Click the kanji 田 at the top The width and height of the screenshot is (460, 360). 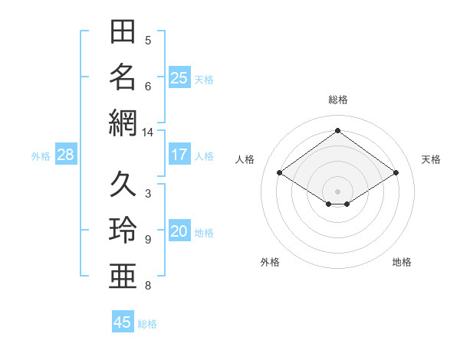point(123,31)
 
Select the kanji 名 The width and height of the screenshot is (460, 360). point(123,77)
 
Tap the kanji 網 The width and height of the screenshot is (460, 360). point(123,123)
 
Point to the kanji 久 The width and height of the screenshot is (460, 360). point(123,184)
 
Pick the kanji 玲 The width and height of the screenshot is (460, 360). point(123,230)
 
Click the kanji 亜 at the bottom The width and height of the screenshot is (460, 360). point(123,276)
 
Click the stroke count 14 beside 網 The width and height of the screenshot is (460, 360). point(147,133)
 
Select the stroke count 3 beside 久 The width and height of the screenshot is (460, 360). point(148,194)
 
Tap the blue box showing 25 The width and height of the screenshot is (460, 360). point(179,77)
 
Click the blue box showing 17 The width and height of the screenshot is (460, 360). point(179,154)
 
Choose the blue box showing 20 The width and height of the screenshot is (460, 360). point(179,230)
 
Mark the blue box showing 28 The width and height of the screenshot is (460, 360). point(66,154)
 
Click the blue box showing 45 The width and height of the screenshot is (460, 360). point(123,321)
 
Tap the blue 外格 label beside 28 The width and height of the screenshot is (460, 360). point(41,156)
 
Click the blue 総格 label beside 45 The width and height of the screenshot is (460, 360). point(147,324)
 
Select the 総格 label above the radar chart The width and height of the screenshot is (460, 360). point(338,100)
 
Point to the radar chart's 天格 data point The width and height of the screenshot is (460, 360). point(396,172)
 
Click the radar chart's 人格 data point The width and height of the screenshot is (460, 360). point(280,172)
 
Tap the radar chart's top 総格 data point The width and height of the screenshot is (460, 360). point(337,130)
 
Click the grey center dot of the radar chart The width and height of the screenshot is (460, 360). point(337,191)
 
